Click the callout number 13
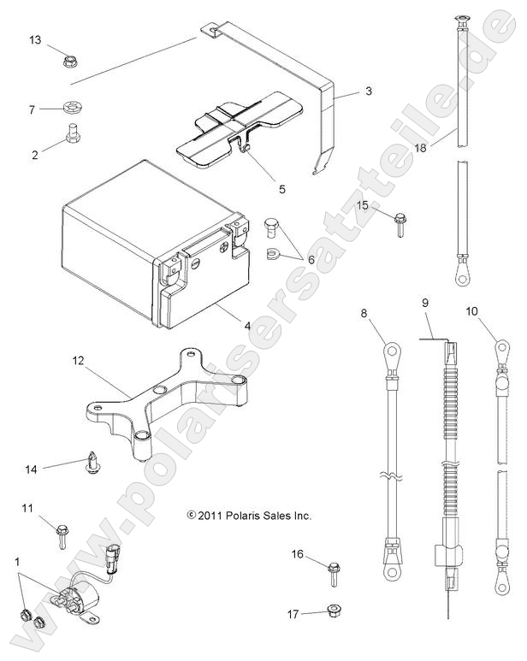(x=35, y=40)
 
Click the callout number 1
(x=19, y=561)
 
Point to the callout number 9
(x=425, y=303)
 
